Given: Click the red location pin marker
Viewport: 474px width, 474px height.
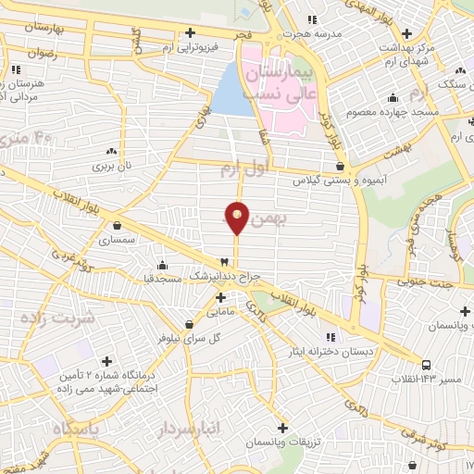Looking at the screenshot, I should (x=237, y=218).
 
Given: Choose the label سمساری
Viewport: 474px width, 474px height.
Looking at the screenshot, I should (x=118, y=239).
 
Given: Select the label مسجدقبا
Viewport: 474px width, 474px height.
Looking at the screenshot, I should (x=161, y=278).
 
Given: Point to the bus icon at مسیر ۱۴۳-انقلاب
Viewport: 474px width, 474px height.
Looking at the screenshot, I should (x=426, y=365).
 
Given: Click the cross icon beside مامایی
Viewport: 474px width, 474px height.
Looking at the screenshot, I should (x=220, y=297).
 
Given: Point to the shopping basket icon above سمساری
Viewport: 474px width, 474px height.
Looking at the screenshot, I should (x=118, y=224).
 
